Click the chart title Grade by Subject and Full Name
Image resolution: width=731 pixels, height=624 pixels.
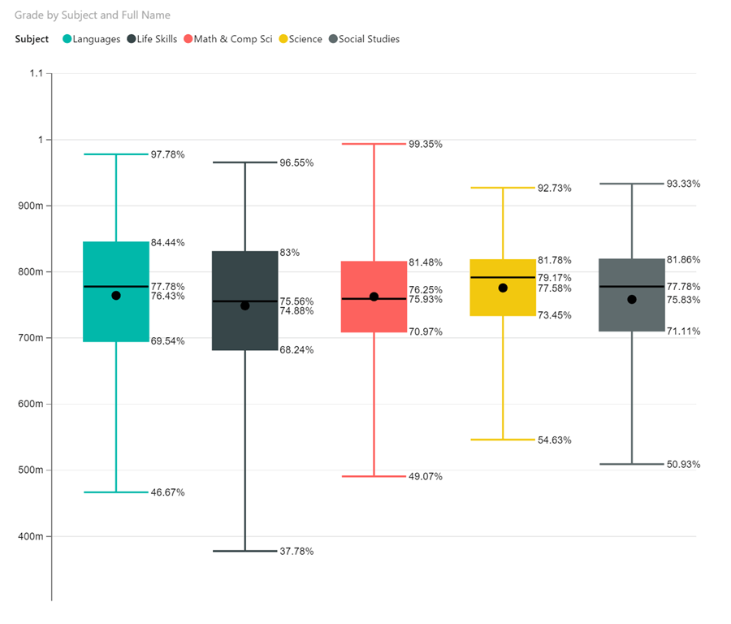[93, 15]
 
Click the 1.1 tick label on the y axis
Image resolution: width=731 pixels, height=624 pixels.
[35, 74]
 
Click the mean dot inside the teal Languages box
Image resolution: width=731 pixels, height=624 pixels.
[116, 296]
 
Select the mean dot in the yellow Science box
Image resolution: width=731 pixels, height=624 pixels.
[503, 288]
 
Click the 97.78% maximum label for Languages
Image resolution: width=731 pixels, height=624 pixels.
[167, 154]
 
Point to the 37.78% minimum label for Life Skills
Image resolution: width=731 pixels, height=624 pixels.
[296, 551]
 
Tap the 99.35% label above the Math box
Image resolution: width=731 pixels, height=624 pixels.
[425, 144]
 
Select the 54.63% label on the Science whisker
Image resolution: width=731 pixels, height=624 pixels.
[554, 440]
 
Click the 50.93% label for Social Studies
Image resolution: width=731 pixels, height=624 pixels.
[683, 464]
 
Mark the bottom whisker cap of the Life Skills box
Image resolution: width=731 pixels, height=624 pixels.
[244, 551]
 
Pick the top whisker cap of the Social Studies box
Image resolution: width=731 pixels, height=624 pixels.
[632, 184]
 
